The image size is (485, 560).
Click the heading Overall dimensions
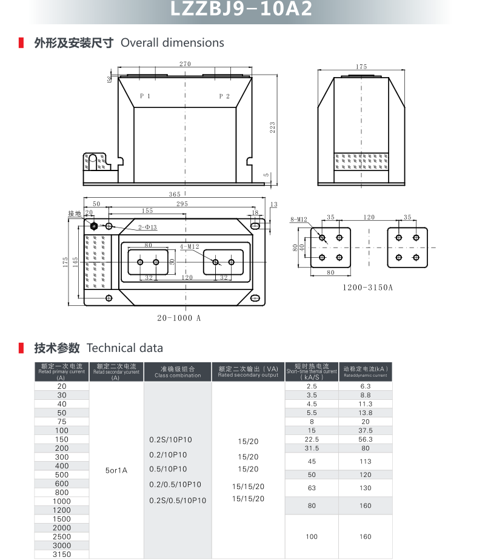pyautogui.click(x=172, y=42)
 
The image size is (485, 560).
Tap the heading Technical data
pyautogui.click(x=125, y=348)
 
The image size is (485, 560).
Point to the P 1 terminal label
pyautogui.click(x=145, y=96)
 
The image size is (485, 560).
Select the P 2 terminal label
pyautogui.click(x=224, y=96)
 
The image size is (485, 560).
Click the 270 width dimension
pyautogui.click(x=185, y=64)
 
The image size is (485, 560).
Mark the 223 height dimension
pyautogui.click(x=273, y=127)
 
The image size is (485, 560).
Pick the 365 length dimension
pyautogui.click(x=175, y=194)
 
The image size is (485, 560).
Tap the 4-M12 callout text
pyautogui.click(x=189, y=246)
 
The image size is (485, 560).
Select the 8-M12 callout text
pyautogui.click(x=299, y=219)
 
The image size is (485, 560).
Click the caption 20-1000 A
pyautogui.click(x=178, y=318)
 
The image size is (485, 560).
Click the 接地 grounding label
pyautogui.click(x=75, y=214)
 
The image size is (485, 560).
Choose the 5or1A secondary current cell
pyautogui.click(x=116, y=470)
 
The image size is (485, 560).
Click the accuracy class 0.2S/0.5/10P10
pyautogui.click(x=178, y=501)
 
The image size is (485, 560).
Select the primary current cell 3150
pyautogui.click(x=62, y=554)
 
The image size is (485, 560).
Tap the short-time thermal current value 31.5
pyautogui.click(x=312, y=448)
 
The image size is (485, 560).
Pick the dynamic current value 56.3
pyautogui.click(x=365, y=439)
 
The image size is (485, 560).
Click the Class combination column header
pyautogui.click(x=178, y=372)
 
